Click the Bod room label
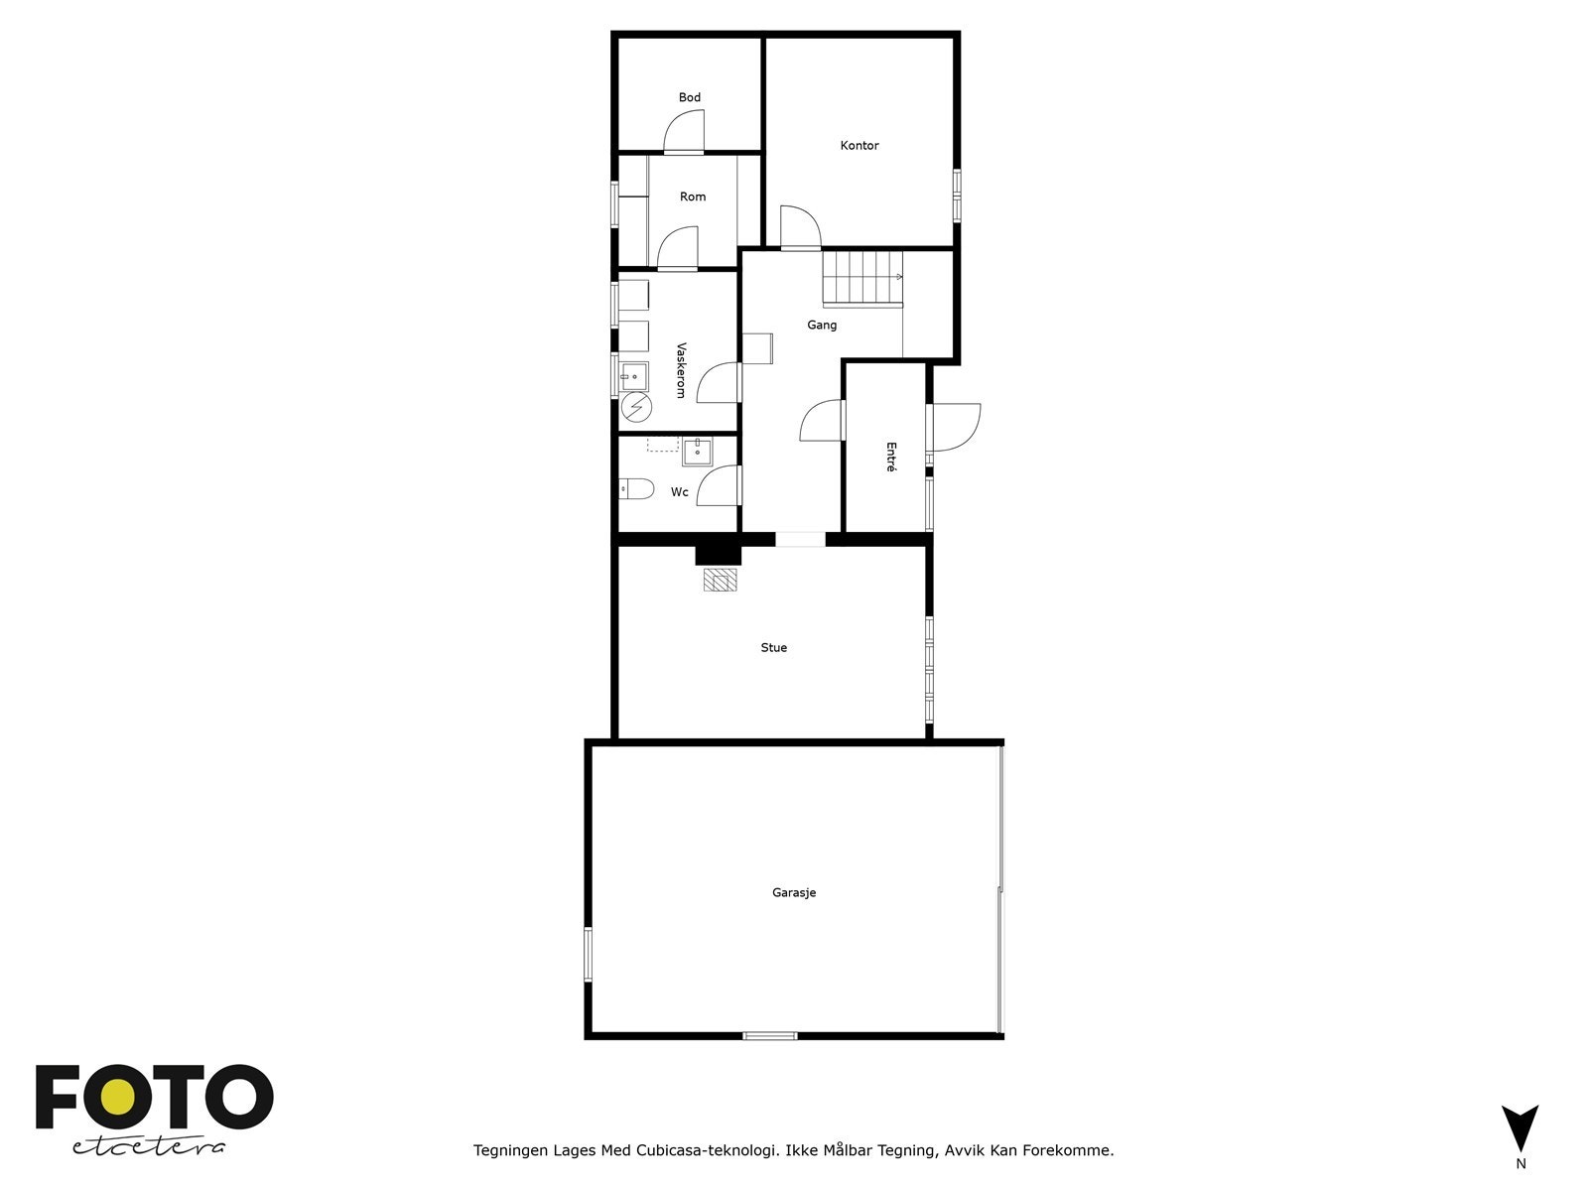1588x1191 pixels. (x=690, y=97)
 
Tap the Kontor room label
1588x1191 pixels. (x=860, y=145)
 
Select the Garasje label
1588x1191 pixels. (x=794, y=892)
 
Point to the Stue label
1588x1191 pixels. (x=774, y=648)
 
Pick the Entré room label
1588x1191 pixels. (x=890, y=458)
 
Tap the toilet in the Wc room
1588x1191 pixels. (x=635, y=488)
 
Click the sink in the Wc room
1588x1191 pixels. (x=697, y=452)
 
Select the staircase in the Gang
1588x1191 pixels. (x=861, y=278)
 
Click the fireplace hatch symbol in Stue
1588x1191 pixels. (x=721, y=580)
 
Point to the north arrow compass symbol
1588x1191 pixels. (x=1520, y=1128)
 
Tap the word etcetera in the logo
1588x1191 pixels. (x=149, y=1147)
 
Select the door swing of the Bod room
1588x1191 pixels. (x=684, y=133)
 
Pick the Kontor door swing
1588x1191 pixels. (x=799, y=226)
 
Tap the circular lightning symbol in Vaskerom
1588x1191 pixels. (x=635, y=407)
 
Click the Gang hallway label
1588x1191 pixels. (x=822, y=325)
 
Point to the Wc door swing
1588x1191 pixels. (x=719, y=486)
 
